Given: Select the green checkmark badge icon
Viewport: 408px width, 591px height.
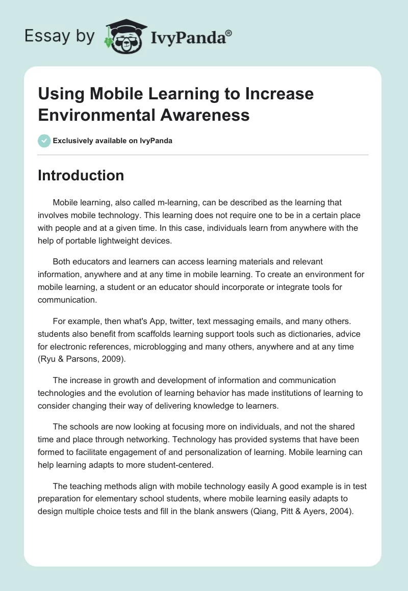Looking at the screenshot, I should [x=44, y=141].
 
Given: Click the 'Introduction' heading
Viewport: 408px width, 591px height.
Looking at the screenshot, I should [x=81, y=175].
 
